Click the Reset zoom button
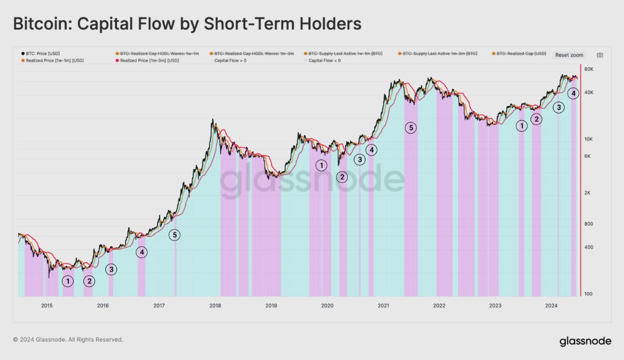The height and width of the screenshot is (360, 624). (569, 55)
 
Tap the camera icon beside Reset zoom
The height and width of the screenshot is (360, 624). (600, 55)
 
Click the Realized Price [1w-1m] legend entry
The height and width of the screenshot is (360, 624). (52, 60)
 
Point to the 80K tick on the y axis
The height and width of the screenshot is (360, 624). (590, 69)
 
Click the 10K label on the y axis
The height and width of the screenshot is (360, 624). (590, 139)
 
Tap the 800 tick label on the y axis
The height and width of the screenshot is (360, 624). (589, 224)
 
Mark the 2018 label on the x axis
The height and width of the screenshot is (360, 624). (215, 305)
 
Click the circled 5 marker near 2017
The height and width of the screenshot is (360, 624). (175, 235)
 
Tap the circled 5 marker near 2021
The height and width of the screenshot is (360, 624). (411, 127)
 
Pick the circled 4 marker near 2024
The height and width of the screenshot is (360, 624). (573, 93)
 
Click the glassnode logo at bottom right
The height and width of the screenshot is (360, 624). (585, 341)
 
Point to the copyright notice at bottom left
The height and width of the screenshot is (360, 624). (68, 340)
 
